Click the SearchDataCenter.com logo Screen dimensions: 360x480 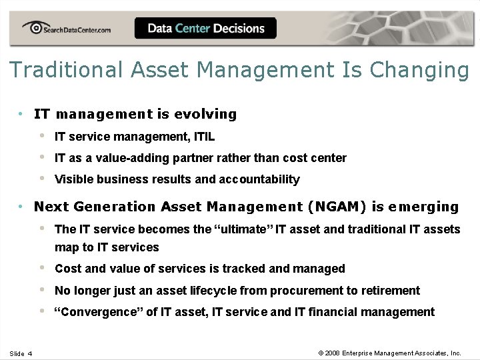[66, 29]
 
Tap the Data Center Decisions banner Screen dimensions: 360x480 [205, 28]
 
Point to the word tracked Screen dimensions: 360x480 [244, 269]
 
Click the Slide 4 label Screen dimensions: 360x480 [21, 353]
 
